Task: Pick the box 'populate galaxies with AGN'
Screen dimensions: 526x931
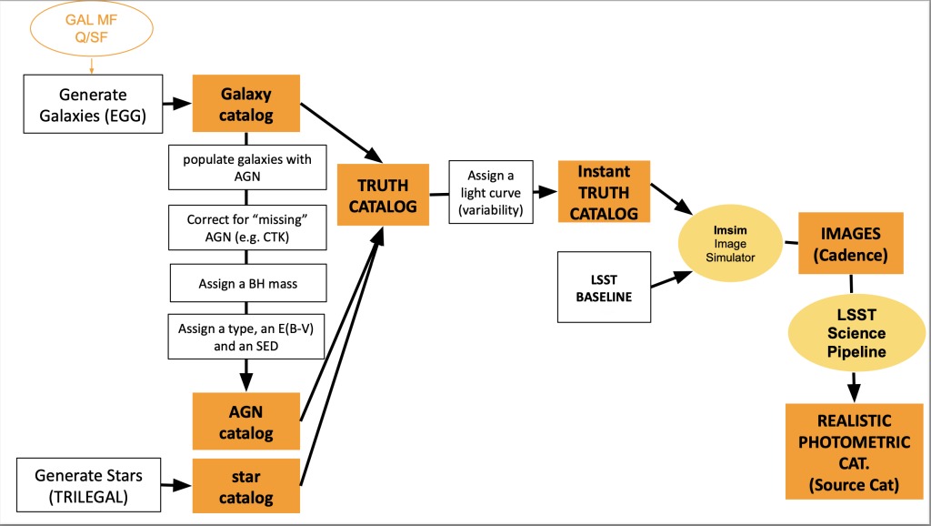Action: point(246,168)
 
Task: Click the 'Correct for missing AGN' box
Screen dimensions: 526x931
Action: point(246,228)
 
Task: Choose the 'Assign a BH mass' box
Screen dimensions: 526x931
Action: point(246,284)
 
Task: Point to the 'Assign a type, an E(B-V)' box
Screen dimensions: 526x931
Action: point(246,336)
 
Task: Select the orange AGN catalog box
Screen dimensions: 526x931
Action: point(245,422)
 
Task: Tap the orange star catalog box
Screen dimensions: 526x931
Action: point(245,486)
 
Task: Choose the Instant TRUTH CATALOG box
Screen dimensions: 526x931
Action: point(604,192)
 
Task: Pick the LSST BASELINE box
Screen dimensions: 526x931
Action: point(604,287)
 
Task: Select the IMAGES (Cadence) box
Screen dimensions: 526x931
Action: point(851,243)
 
